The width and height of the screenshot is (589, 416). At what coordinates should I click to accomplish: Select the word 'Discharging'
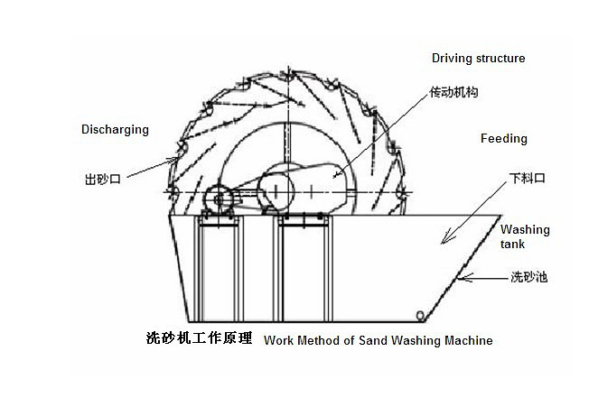pyautogui.click(x=115, y=129)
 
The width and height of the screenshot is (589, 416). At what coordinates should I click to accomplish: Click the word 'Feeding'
pyautogui.click(x=504, y=139)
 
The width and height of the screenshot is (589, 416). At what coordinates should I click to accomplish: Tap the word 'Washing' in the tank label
pyautogui.click(x=525, y=230)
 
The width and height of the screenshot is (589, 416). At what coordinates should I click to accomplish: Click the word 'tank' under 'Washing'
pyautogui.click(x=512, y=244)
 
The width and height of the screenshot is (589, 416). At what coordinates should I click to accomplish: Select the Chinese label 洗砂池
pyautogui.click(x=528, y=278)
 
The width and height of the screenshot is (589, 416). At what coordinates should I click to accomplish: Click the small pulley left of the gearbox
pyautogui.click(x=215, y=198)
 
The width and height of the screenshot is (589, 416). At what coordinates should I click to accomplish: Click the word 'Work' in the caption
pyautogui.click(x=278, y=340)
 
